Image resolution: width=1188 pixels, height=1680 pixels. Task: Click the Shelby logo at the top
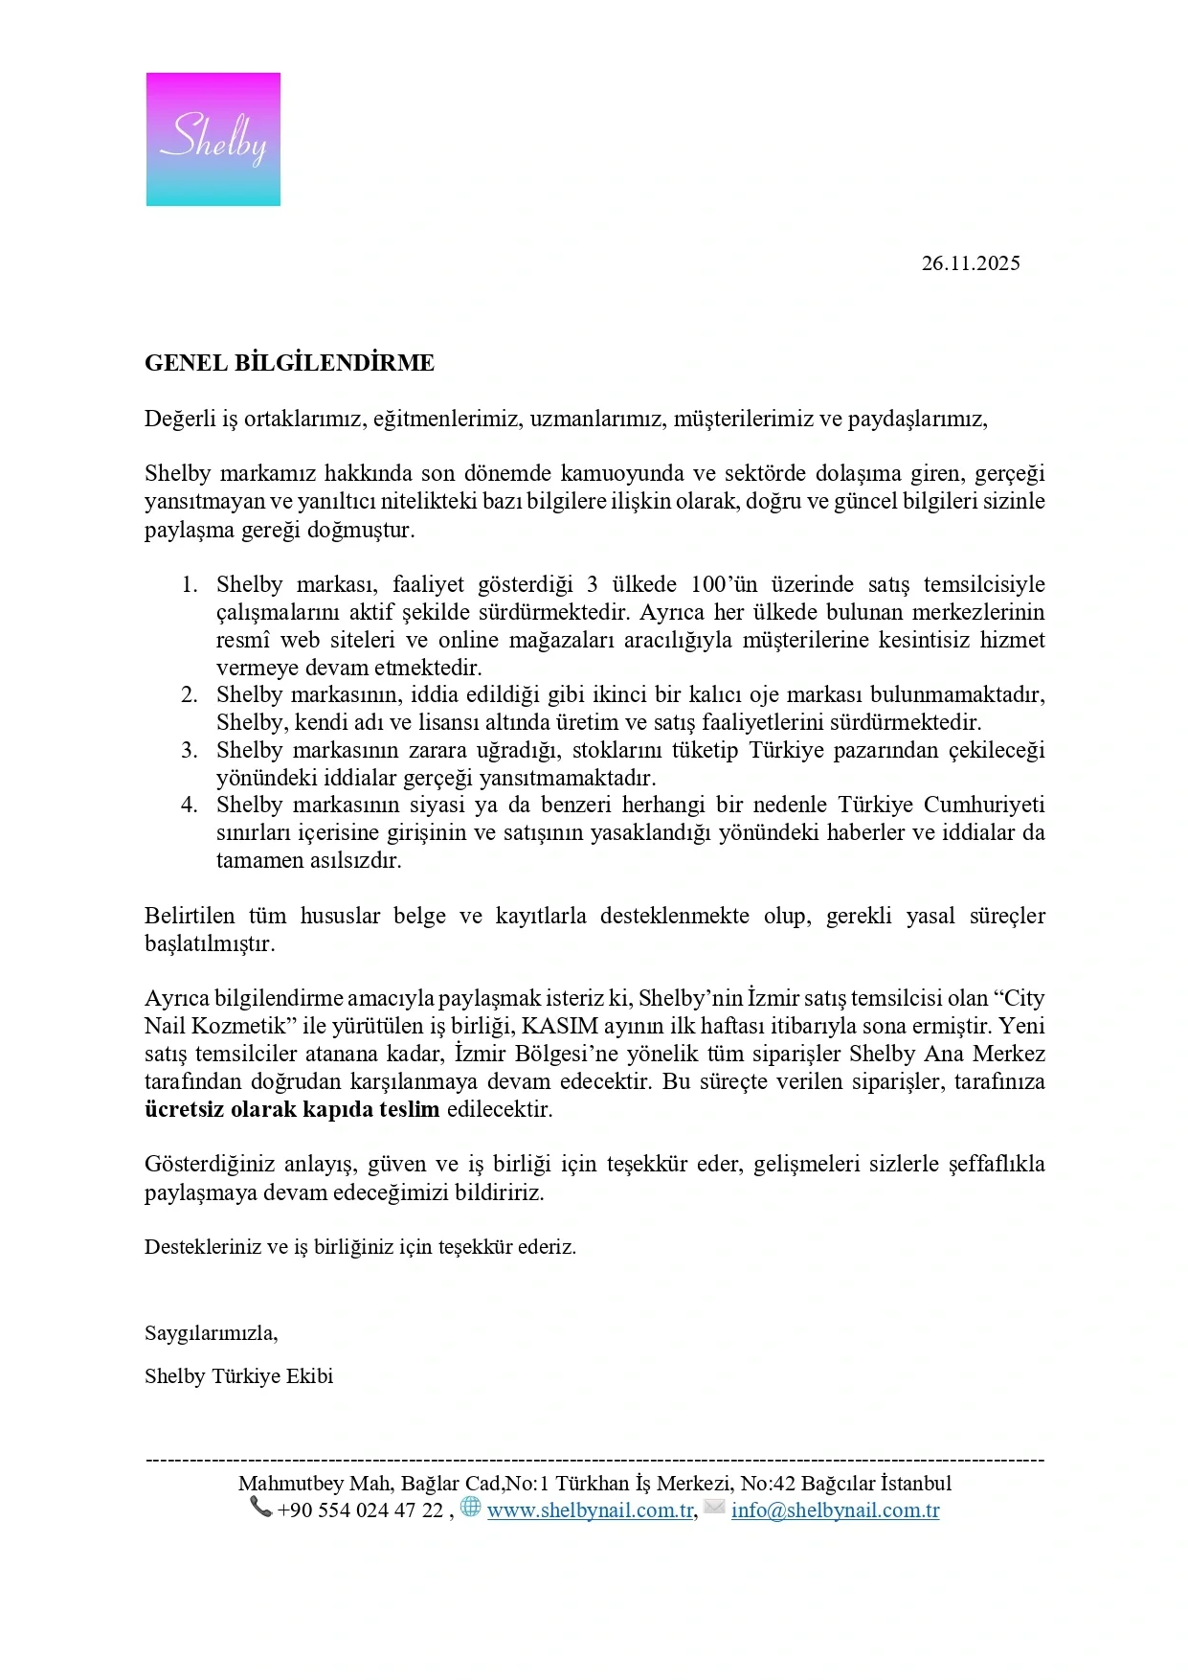[x=213, y=139]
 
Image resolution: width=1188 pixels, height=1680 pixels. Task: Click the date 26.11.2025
[x=970, y=263]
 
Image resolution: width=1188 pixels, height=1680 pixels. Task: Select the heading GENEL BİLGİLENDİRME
[x=289, y=363]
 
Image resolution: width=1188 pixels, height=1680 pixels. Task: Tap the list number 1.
[x=190, y=584]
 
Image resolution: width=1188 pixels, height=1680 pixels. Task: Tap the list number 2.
[x=190, y=694]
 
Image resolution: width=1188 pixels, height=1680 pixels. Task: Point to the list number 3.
[x=190, y=750]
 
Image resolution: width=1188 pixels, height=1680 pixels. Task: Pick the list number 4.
[x=190, y=805]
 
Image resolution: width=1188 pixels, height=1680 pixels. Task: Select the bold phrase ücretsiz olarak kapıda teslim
[x=292, y=1109]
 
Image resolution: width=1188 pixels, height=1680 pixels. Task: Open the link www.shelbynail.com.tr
[x=590, y=1510]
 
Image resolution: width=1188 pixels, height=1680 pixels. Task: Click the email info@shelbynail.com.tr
[x=835, y=1510]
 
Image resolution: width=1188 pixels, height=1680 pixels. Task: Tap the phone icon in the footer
[x=260, y=1508]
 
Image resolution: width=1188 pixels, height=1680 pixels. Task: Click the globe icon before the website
[x=470, y=1507]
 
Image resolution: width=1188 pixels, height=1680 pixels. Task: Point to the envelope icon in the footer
[x=714, y=1508]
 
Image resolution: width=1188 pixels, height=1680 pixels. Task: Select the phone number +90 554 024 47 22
[x=360, y=1510]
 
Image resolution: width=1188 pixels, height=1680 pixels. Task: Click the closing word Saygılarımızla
[x=211, y=1332]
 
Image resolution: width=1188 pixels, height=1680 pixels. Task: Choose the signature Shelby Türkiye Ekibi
[x=238, y=1376]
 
